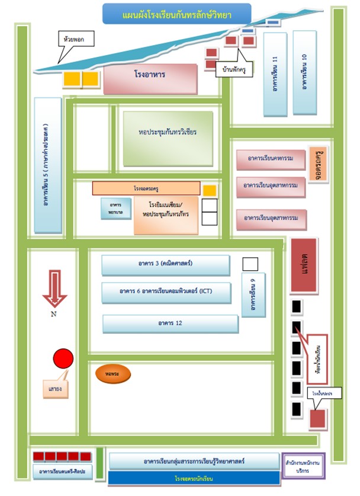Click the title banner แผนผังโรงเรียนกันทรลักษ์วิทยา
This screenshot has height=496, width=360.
pos(176,14)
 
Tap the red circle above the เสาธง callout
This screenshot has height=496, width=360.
pos(63,359)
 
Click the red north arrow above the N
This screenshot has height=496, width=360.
pos(54,287)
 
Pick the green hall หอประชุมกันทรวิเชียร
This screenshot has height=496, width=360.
pos(168,132)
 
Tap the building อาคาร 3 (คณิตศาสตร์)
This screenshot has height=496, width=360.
pos(166,265)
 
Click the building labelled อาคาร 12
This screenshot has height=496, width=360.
pos(171,324)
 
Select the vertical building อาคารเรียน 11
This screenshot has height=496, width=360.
pos(275,73)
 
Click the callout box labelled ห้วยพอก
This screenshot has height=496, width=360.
pos(74,39)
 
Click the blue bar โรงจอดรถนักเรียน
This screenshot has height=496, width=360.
pos(194,478)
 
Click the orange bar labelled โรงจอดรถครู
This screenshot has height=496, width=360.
pos(146,188)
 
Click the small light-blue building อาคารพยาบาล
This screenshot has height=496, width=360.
pos(115,208)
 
